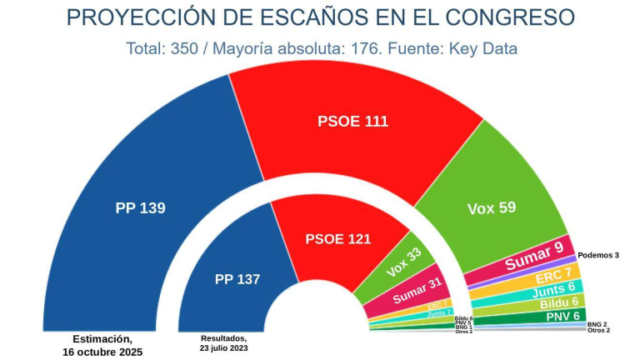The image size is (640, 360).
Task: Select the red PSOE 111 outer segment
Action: [352, 122]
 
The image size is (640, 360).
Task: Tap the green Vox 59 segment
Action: [492, 207]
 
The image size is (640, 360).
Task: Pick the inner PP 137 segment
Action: [237, 279]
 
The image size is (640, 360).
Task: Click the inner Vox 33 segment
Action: [402, 264]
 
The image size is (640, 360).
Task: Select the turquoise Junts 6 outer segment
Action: [555, 290]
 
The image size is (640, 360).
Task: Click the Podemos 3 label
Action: [598, 255]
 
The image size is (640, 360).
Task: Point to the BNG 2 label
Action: [597, 323]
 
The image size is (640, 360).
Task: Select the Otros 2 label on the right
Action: [598, 331]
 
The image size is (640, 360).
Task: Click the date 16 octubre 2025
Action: [102, 352]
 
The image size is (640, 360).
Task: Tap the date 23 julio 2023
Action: [224, 349]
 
